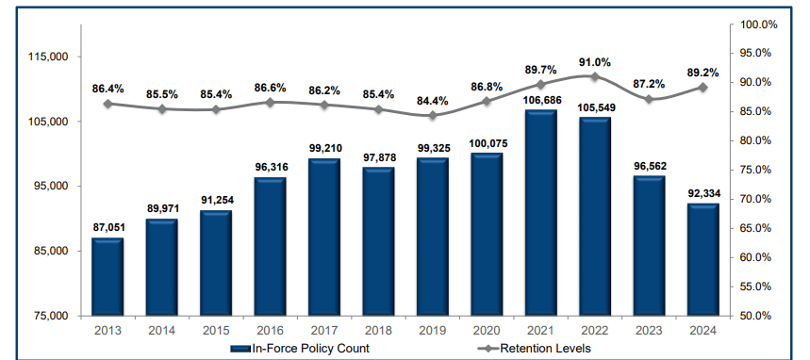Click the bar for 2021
point(540,212)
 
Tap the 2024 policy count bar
point(703,259)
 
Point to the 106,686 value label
point(540,99)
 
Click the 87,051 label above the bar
point(107,227)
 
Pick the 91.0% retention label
point(595,62)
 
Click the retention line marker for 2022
point(595,76)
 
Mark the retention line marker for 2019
point(433,115)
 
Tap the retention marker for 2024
point(703,87)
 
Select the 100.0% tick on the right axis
point(760,25)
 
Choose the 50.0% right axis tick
point(760,316)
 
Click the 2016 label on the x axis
point(270,329)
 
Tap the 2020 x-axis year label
point(487,329)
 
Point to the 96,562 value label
point(649,164)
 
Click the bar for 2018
point(378,241)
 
